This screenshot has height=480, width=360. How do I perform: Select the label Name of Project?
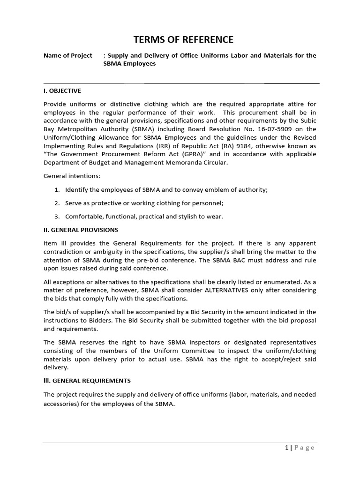(x=68, y=55)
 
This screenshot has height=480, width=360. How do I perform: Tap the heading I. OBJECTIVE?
(x=62, y=90)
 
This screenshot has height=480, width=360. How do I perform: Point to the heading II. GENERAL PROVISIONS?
(x=81, y=230)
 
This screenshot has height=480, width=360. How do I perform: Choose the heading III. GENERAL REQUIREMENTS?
(x=87, y=380)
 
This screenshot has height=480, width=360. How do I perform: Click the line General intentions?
(x=72, y=176)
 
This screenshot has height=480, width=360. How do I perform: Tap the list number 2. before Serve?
(x=57, y=203)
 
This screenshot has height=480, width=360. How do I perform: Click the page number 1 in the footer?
(x=286, y=448)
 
